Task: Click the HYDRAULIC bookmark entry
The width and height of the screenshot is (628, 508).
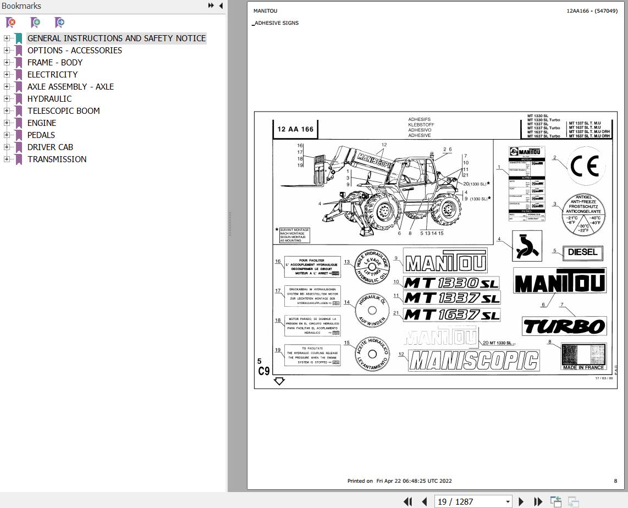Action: (x=49, y=99)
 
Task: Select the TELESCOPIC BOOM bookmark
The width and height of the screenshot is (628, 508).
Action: (x=63, y=111)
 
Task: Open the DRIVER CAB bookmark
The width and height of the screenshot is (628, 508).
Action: (x=50, y=147)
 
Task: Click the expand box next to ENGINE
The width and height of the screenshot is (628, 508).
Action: (x=7, y=123)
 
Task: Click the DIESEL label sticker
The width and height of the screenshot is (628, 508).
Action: (x=582, y=253)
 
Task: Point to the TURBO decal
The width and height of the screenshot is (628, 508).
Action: (x=564, y=327)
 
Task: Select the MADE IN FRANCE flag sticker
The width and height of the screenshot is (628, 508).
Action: (x=583, y=356)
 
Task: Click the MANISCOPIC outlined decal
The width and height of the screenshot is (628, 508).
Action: (x=473, y=361)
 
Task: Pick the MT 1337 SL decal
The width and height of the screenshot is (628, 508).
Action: (x=451, y=298)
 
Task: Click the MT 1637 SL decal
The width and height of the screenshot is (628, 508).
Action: (x=451, y=314)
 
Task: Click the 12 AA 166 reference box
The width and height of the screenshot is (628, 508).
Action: (x=295, y=130)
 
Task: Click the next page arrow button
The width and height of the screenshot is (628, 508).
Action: (x=521, y=501)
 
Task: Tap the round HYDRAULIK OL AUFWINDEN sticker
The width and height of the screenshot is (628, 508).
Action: (x=372, y=309)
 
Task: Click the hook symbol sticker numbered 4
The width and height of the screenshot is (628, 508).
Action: (x=527, y=246)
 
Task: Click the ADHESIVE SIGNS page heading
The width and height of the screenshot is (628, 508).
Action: (x=277, y=23)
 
